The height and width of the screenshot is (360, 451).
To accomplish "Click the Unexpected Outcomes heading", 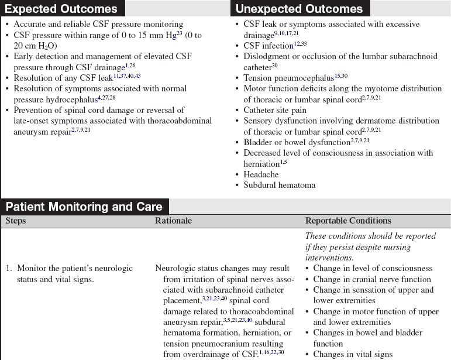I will [299, 9].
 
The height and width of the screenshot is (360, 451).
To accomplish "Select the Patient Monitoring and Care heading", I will [84, 207].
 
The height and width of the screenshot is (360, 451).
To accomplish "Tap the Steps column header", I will [16, 221].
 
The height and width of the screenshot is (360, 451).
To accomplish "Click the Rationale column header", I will [173, 221].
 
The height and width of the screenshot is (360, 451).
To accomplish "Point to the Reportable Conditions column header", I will [348, 221].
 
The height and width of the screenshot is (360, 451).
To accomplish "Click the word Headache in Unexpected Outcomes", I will [261, 174].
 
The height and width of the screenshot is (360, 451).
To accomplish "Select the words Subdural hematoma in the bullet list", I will [280, 185].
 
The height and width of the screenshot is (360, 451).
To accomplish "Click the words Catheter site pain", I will [275, 110].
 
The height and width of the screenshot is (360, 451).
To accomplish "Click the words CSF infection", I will [268, 46].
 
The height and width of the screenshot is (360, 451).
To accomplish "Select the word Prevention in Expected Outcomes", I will [35, 110].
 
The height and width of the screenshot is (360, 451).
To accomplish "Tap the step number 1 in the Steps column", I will [9, 269].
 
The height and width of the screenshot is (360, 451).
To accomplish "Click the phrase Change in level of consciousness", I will [372, 269].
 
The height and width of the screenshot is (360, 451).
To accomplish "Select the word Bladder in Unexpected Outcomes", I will [258, 142].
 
